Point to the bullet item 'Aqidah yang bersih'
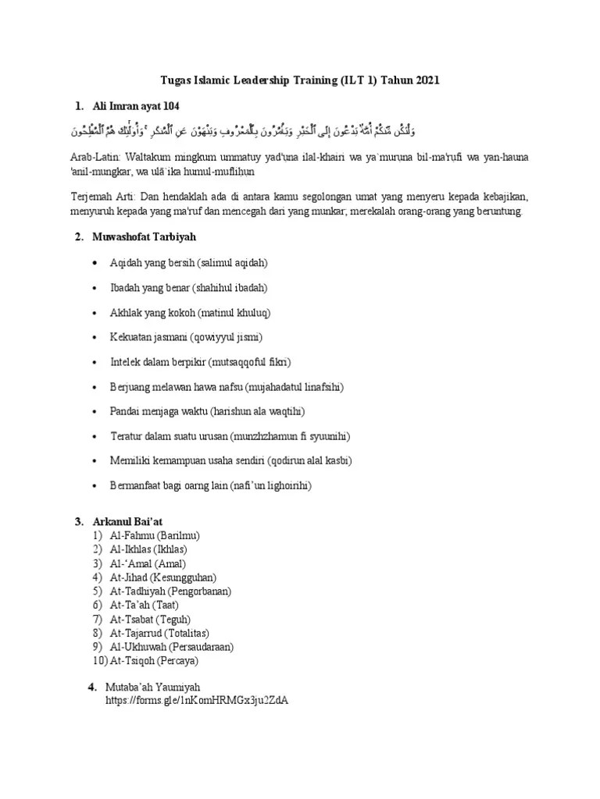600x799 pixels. [x=189, y=263]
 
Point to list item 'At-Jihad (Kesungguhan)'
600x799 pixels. [x=164, y=577]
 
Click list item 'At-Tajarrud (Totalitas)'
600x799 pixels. [x=163, y=633]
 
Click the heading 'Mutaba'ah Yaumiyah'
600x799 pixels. [x=153, y=687]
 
